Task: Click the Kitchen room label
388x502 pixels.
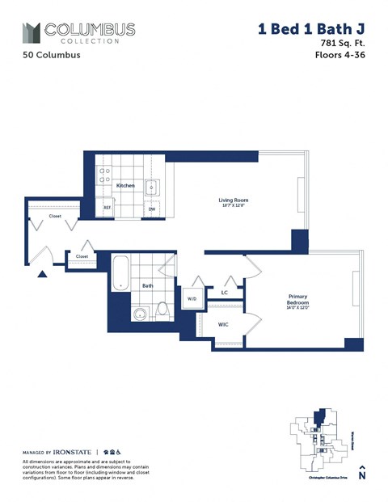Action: click(x=125, y=185)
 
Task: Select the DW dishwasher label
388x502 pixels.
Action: click(x=151, y=209)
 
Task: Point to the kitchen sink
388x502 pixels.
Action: click(x=151, y=188)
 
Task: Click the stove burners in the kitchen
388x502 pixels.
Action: click(x=104, y=179)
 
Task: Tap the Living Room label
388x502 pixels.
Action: click(x=233, y=200)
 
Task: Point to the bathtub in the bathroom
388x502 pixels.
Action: click(x=120, y=273)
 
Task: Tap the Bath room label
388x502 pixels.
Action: click(x=148, y=285)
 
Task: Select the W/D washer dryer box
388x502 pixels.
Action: click(x=192, y=298)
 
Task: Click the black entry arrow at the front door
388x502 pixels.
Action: click(x=43, y=273)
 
